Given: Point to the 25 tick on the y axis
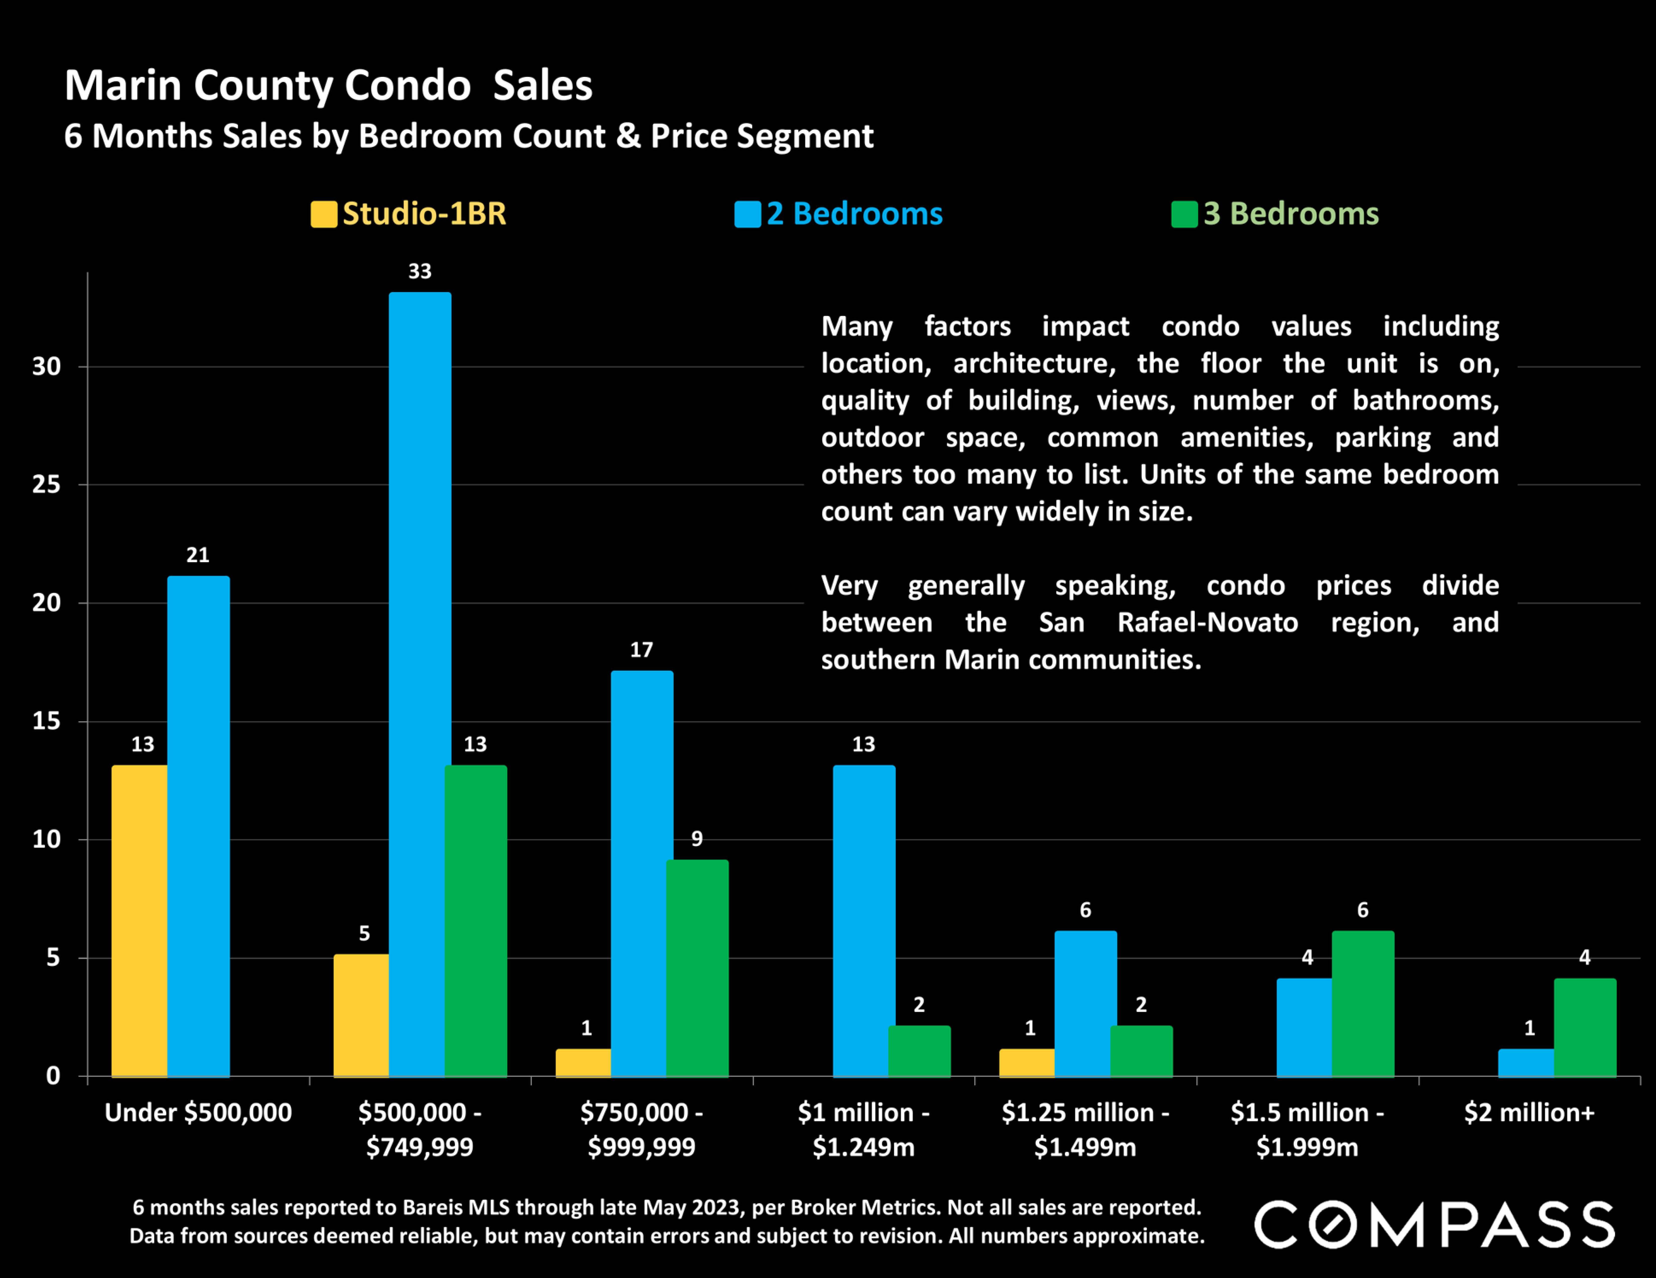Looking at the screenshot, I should point(46,484).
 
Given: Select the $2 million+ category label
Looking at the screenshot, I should point(1529,1113).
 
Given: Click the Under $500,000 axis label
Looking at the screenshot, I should point(198,1113).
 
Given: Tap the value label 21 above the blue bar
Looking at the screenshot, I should point(198,555).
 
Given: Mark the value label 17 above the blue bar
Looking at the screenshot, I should point(641,650).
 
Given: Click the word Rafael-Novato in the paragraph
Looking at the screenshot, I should point(1207,622).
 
